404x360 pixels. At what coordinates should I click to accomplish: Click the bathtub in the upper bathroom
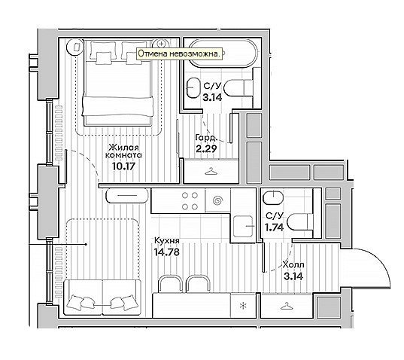click(x=223, y=53)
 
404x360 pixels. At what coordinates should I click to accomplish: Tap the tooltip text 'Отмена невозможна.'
click(x=179, y=53)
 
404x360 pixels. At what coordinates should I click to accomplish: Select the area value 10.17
click(x=123, y=166)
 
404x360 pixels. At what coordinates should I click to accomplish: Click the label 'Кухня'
click(x=167, y=240)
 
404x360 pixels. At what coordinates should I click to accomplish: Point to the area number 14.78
click(x=167, y=252)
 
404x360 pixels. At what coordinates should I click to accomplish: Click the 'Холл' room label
click(x=293, y=264)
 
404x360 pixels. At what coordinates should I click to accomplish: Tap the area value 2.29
click(x=206, y=149)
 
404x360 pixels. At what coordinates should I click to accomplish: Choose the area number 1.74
click(x=275, y=227)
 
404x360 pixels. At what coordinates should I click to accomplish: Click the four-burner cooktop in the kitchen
click(x=190, y=201)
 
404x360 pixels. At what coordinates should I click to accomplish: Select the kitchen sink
click(x=243, y=226)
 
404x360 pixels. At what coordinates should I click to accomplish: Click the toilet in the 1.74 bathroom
click(x=300, y=221)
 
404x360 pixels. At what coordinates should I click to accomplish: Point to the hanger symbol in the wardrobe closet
click(x=211, y=171)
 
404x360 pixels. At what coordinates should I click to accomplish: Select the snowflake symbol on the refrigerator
click(x=243, y=306)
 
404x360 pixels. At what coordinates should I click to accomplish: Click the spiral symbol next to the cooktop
click(x=217, y=200)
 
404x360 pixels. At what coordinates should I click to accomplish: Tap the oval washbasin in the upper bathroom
click(x=193, y=88)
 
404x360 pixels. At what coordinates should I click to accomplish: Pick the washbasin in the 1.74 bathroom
click(x=273, y=197)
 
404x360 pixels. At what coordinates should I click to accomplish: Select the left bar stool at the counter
click(x=171, y=283)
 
